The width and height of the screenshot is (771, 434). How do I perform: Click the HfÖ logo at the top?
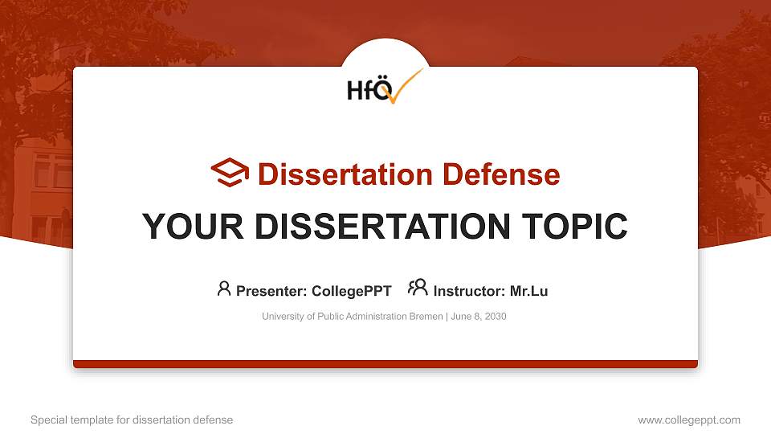point(384,87)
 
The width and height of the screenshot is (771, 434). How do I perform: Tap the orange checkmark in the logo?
point(406,86)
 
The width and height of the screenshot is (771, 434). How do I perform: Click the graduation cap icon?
point(230,173)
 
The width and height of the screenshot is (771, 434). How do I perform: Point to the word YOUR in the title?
point(184,227)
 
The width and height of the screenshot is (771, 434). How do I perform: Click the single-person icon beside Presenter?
point(224,289)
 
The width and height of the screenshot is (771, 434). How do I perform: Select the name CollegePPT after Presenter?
point(351,291)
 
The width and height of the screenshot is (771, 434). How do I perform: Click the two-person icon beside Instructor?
point(418,289)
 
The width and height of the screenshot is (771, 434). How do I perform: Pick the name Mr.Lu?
point(528,291)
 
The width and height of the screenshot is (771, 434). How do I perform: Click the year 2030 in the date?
point(495,317)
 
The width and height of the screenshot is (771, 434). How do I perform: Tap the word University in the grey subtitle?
point(283,317)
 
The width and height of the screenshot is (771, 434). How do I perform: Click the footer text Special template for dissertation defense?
point(132,420)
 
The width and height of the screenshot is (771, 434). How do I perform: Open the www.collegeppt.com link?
point(689,420)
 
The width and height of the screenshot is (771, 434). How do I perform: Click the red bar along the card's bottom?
point(385,364)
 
